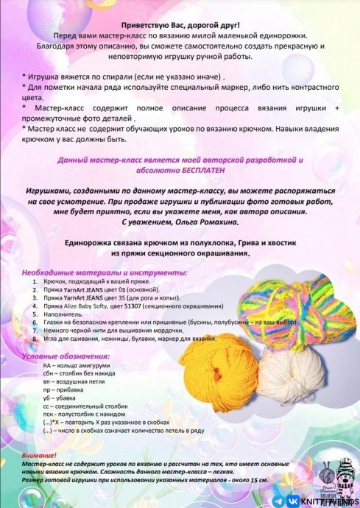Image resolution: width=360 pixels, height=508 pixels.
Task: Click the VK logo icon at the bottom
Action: tap(297, 499)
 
